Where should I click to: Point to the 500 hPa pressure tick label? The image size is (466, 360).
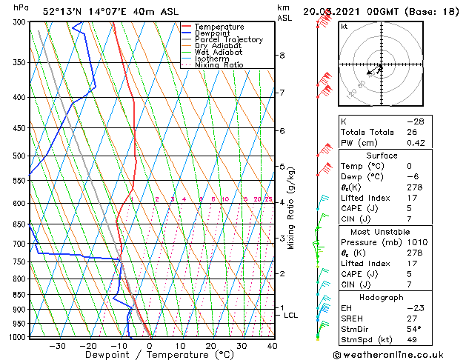(20, 156)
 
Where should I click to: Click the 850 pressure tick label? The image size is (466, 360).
(20, 295)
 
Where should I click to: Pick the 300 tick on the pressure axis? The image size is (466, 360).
(20, 23)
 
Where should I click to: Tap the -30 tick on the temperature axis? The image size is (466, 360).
(57, 346)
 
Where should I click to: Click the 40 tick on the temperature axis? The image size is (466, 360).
(272, 346)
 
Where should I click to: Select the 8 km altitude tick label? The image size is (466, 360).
(282, 56)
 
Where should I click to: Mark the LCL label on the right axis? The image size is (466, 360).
(291, 316)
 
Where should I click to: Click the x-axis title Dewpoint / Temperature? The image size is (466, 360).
(150, 355)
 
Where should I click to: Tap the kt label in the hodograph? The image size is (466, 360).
(344, 27)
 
